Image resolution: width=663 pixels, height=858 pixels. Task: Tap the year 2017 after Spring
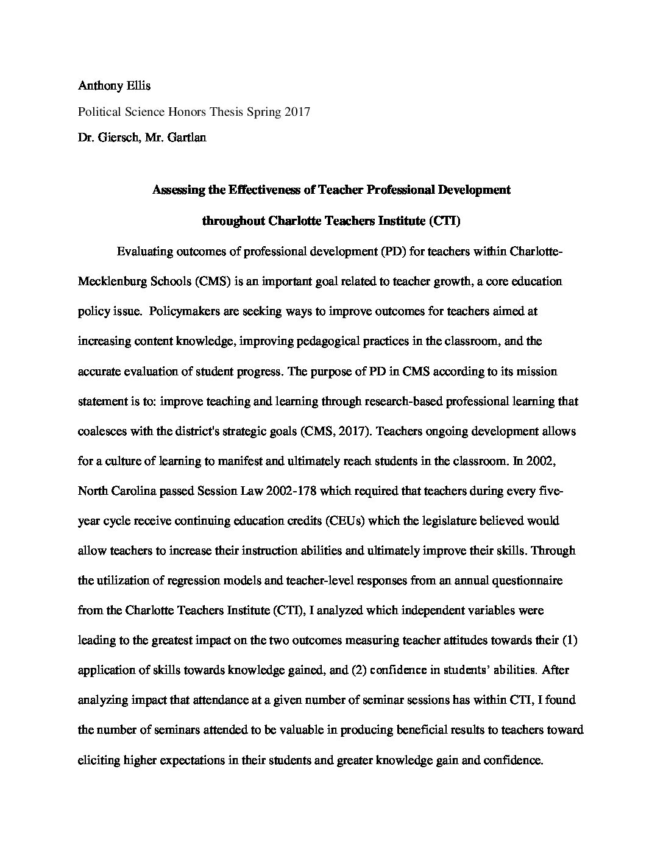click(298, 112)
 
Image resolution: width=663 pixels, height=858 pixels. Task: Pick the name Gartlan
click(185, 138)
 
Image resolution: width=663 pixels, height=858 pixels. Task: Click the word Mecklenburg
click(113, 282)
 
